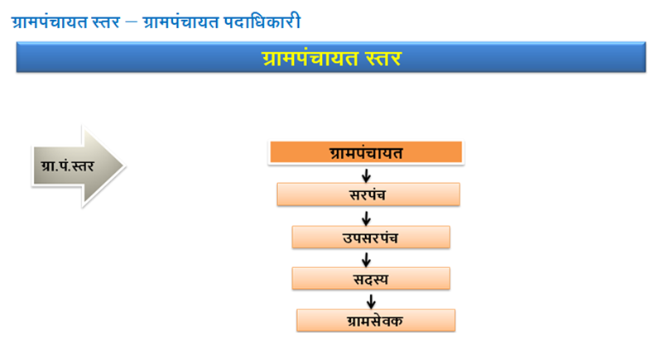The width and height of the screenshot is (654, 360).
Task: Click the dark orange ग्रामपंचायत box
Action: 366,152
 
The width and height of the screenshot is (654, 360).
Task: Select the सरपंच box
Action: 368,194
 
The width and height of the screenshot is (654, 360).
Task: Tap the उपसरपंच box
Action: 371,237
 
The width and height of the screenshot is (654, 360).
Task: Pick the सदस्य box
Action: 371,278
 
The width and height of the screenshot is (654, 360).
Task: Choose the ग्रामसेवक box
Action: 376,320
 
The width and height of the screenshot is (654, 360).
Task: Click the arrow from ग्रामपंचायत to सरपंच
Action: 366,175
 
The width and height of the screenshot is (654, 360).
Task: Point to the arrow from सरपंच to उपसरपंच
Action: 366,218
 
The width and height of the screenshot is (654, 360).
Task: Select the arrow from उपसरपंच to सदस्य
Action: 366,260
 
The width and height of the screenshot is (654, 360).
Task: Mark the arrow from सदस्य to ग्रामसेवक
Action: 371,301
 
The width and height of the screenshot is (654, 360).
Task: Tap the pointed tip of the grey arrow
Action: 124,166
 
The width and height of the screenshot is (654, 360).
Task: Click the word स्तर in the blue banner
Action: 383,59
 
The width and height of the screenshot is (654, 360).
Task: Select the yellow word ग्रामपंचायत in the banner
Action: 310,59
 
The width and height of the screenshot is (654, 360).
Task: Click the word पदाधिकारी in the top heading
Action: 262,22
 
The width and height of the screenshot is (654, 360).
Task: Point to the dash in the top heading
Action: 131,22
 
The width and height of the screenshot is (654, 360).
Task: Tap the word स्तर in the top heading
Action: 105,22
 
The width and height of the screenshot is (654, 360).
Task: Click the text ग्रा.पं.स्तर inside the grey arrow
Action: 68,166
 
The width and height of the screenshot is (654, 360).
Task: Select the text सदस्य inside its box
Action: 371,279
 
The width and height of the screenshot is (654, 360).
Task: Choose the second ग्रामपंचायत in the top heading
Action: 180,22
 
